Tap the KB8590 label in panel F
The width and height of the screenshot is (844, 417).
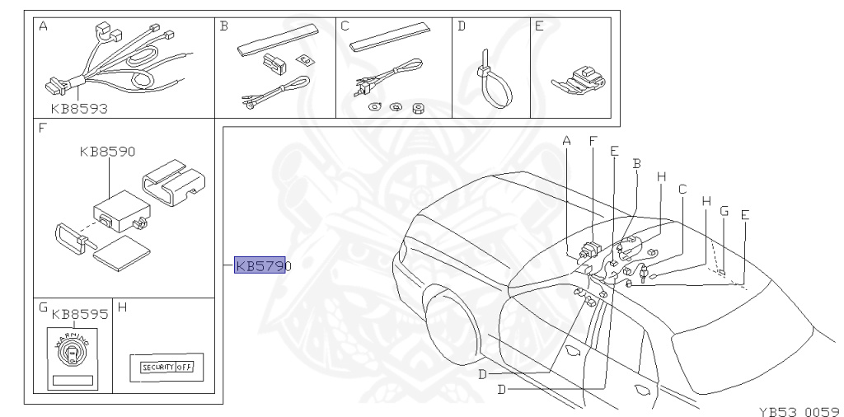pos(107,152)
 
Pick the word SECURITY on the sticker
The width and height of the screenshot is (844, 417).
pos(157,367)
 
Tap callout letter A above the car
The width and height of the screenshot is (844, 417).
pos(567,142)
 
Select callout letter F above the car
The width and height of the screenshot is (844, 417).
pos(592,142)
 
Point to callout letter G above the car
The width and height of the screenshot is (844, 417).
pos(724,211)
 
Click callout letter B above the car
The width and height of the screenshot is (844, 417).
pos(636,164)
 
